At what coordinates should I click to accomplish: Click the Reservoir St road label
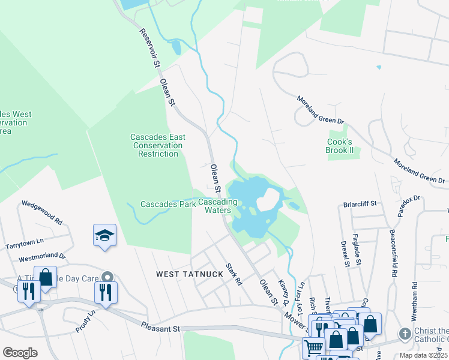151,49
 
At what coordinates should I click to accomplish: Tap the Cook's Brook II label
339,146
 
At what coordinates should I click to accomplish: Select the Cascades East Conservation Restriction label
158,145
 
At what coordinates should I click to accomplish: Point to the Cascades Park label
168,204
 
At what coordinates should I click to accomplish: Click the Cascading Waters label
218,206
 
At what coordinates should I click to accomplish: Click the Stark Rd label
234,274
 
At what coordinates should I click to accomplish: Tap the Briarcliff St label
360,204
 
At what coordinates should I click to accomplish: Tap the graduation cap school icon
104,236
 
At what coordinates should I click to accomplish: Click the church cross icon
406,334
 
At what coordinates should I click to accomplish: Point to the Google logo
20,352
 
